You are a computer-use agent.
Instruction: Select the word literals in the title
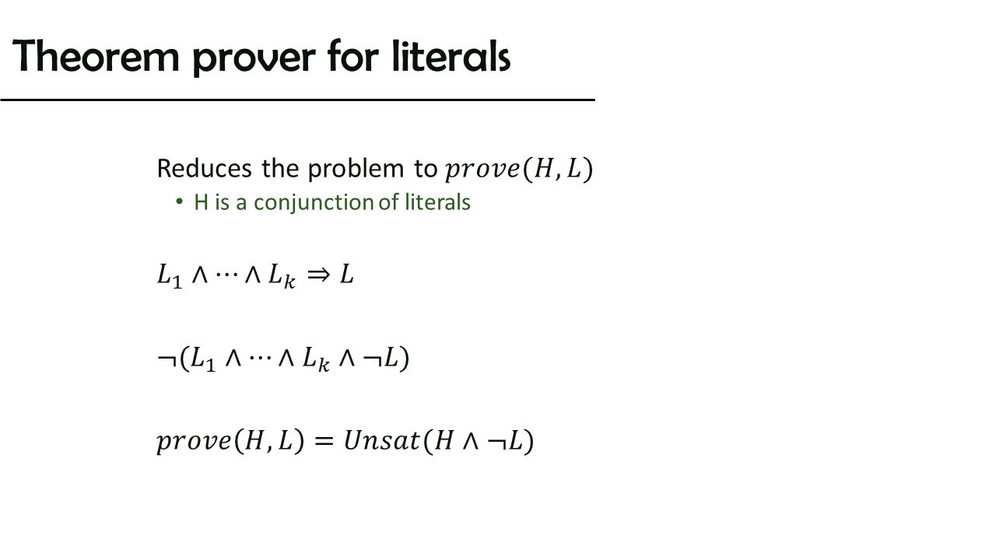[451, 55]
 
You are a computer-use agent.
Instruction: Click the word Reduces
[205, 169]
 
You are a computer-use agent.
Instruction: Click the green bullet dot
[179, 202]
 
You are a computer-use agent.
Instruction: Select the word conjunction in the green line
[314, 204]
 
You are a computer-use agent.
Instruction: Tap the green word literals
[437, 202]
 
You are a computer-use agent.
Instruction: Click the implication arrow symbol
[319, 275]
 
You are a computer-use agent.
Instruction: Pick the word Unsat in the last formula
[381, 440]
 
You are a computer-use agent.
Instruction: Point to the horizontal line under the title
[297, 100]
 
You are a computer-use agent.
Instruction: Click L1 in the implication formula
[170, 276]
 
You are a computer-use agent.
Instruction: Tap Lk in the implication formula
[282, 276]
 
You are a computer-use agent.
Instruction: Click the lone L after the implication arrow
[347, 275]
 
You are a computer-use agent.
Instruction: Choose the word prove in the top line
[482, 170]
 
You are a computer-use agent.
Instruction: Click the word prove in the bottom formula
[194, 443]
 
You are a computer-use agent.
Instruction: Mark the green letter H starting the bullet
[202, 202]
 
